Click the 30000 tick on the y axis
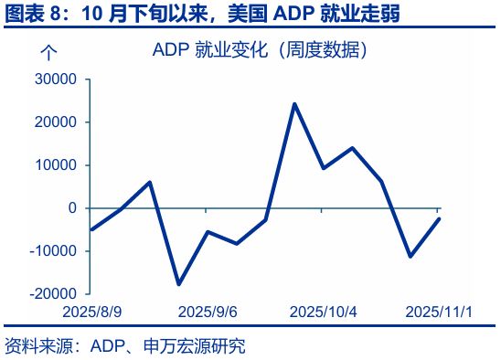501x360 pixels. [54, 79]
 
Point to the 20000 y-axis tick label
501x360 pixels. [54, 122]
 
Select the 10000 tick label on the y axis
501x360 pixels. [54, 165]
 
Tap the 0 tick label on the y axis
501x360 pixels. [71, 208]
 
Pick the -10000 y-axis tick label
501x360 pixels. [52, 251]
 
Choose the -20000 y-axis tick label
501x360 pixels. [52, 294]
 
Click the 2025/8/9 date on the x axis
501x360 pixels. [92, 312]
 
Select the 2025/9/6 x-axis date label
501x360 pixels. [207, 312]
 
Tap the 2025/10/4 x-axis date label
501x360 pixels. [323, 312]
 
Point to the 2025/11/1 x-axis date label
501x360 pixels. [439, 312]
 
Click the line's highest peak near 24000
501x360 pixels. [294, 104]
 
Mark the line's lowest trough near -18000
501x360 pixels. [179, 284]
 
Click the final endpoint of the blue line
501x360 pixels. [439, 218]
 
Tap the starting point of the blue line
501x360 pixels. [92, 229]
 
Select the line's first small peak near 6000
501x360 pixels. [150, 183]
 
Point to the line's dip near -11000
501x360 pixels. [410, 256]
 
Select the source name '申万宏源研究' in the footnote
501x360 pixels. [196, 346]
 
